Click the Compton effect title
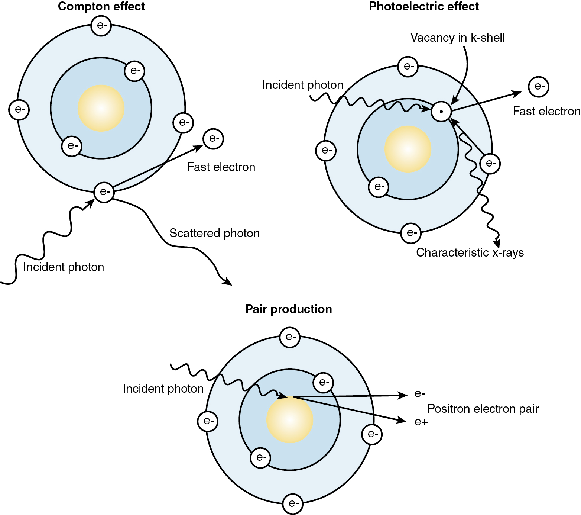101,7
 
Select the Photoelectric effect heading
424,7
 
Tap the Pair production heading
289,309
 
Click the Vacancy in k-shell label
457,38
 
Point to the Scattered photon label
214,233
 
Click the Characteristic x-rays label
470,252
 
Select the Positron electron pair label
483,409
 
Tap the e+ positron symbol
421,422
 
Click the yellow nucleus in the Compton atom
101,108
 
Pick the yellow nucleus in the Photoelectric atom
408,149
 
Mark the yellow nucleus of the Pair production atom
290,420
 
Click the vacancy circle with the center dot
441,111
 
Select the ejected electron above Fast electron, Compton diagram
213,139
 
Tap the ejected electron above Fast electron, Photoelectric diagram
539,87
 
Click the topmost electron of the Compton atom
101,26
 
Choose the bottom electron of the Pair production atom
293,504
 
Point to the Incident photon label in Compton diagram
64,267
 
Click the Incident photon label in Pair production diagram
163,389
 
